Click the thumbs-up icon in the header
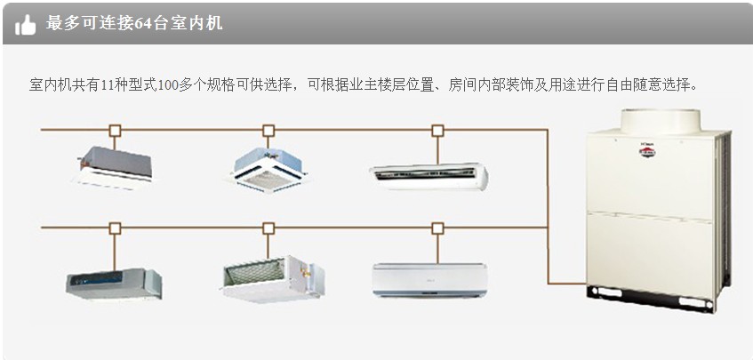coord(26,25)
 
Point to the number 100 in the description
coord(167,85)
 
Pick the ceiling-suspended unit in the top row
coord(429,174)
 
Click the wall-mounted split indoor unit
coord(429,278)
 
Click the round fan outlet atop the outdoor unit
coord(660,121)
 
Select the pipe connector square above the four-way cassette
coord(268,130)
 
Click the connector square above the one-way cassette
coord(115,130)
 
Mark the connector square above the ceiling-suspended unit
coord(437,130)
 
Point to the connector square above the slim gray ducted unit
coord(115,228)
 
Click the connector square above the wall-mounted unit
coord(437,228)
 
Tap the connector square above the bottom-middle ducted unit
coord(268,228)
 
